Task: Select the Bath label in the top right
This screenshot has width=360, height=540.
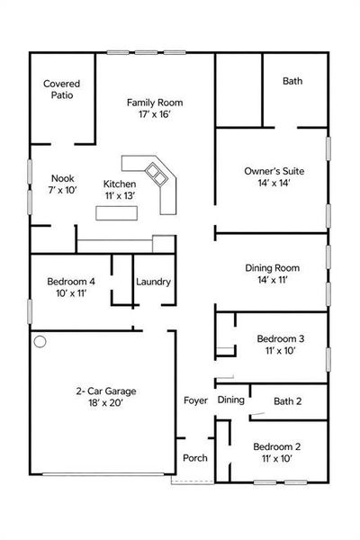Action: tap(292, 81)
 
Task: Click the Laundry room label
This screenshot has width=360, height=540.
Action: tap(153, 282)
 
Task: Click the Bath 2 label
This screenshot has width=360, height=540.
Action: tap(287, 400)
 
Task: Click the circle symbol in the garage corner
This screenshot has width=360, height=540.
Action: tap(40, 342)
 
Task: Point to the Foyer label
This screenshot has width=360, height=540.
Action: tap(195, 400)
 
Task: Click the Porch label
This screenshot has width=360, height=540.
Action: tap(195, 458)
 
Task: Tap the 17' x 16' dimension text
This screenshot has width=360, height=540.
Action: tap(155, 116)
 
